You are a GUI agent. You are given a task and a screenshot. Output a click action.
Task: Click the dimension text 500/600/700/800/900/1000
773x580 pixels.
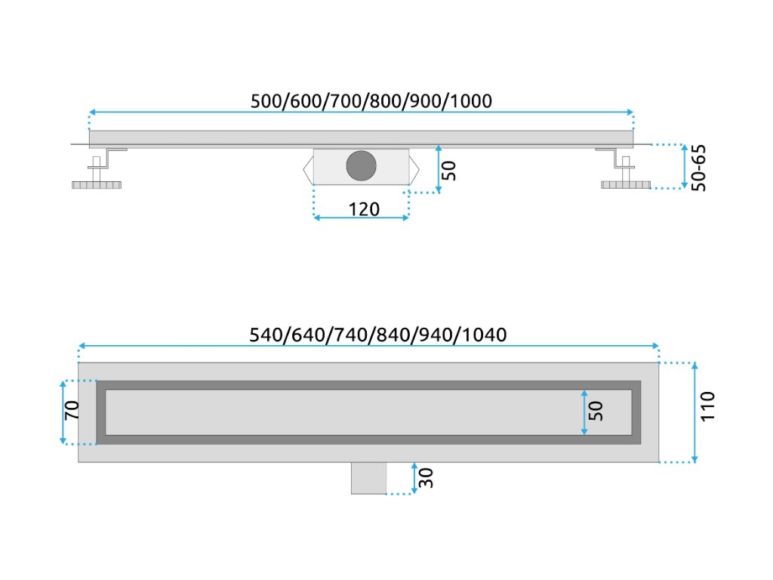pyautogui.click(x=371, y=100)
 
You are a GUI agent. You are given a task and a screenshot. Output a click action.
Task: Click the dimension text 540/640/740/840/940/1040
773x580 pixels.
pyautogui.click(x=377, y=334)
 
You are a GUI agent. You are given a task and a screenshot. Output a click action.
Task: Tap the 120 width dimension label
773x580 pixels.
pyautogui.click(x=364, y=208)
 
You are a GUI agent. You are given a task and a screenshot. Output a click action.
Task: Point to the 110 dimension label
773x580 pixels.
pyautogui.click(x=707, y=407)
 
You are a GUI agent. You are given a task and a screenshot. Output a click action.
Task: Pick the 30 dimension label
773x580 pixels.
pyautogui.click(x=426, y=477)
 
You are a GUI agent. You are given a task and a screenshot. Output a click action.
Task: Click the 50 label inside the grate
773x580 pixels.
pyautogui.click(x=596, y=411)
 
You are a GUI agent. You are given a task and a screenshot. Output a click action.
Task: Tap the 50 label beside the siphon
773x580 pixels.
pyautogui.click(x=448, y=170)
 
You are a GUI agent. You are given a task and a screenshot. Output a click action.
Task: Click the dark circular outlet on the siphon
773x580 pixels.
pyautogui.click(x=361, y=165)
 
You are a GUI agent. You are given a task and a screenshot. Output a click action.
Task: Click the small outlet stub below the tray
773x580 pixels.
pyautogui.click(x=368, y=477)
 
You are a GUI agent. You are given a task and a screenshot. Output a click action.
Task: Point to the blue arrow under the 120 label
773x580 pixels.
pyautogui.click(x=361, y=218)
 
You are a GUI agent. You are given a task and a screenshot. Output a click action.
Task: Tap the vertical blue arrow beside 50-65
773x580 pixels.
pyautogui.click(x=685, y=166)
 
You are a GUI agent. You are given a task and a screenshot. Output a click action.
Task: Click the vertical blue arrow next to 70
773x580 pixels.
pyautogui.click(x=62, y=412)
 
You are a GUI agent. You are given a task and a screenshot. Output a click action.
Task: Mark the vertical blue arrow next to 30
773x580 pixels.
pyautogui.click(x=414, y=478)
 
